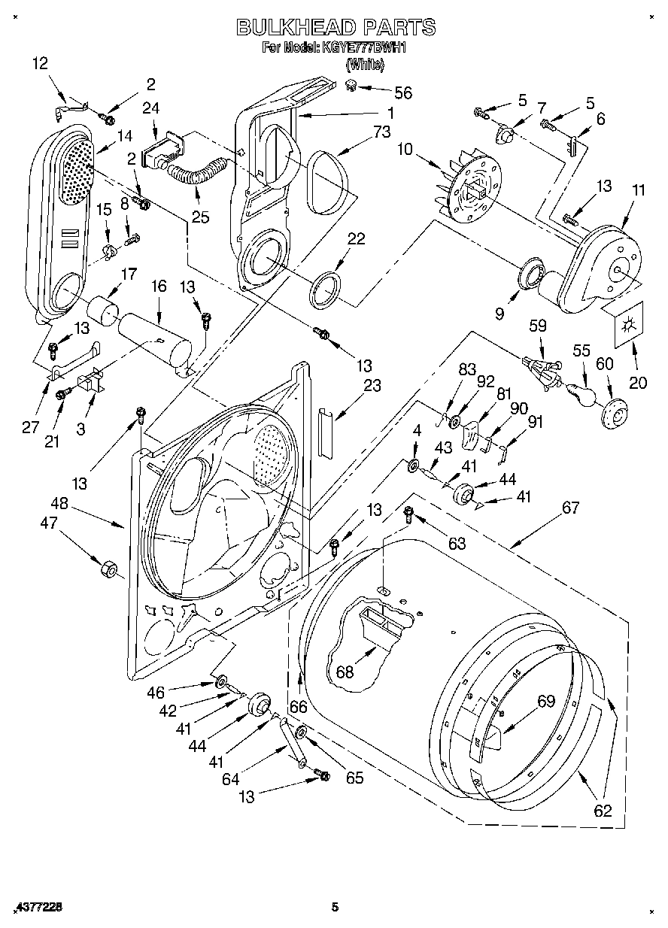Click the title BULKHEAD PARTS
point(336,27)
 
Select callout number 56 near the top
point(403,92)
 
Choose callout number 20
point(638,383)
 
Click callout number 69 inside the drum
point(545,702)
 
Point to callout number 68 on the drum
point(345,672)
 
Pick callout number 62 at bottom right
point(603,811)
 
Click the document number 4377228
point(37,908)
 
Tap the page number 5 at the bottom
point(335,908)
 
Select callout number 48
point(59,504)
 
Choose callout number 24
point(150,108)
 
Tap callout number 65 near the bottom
point(354,778)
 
